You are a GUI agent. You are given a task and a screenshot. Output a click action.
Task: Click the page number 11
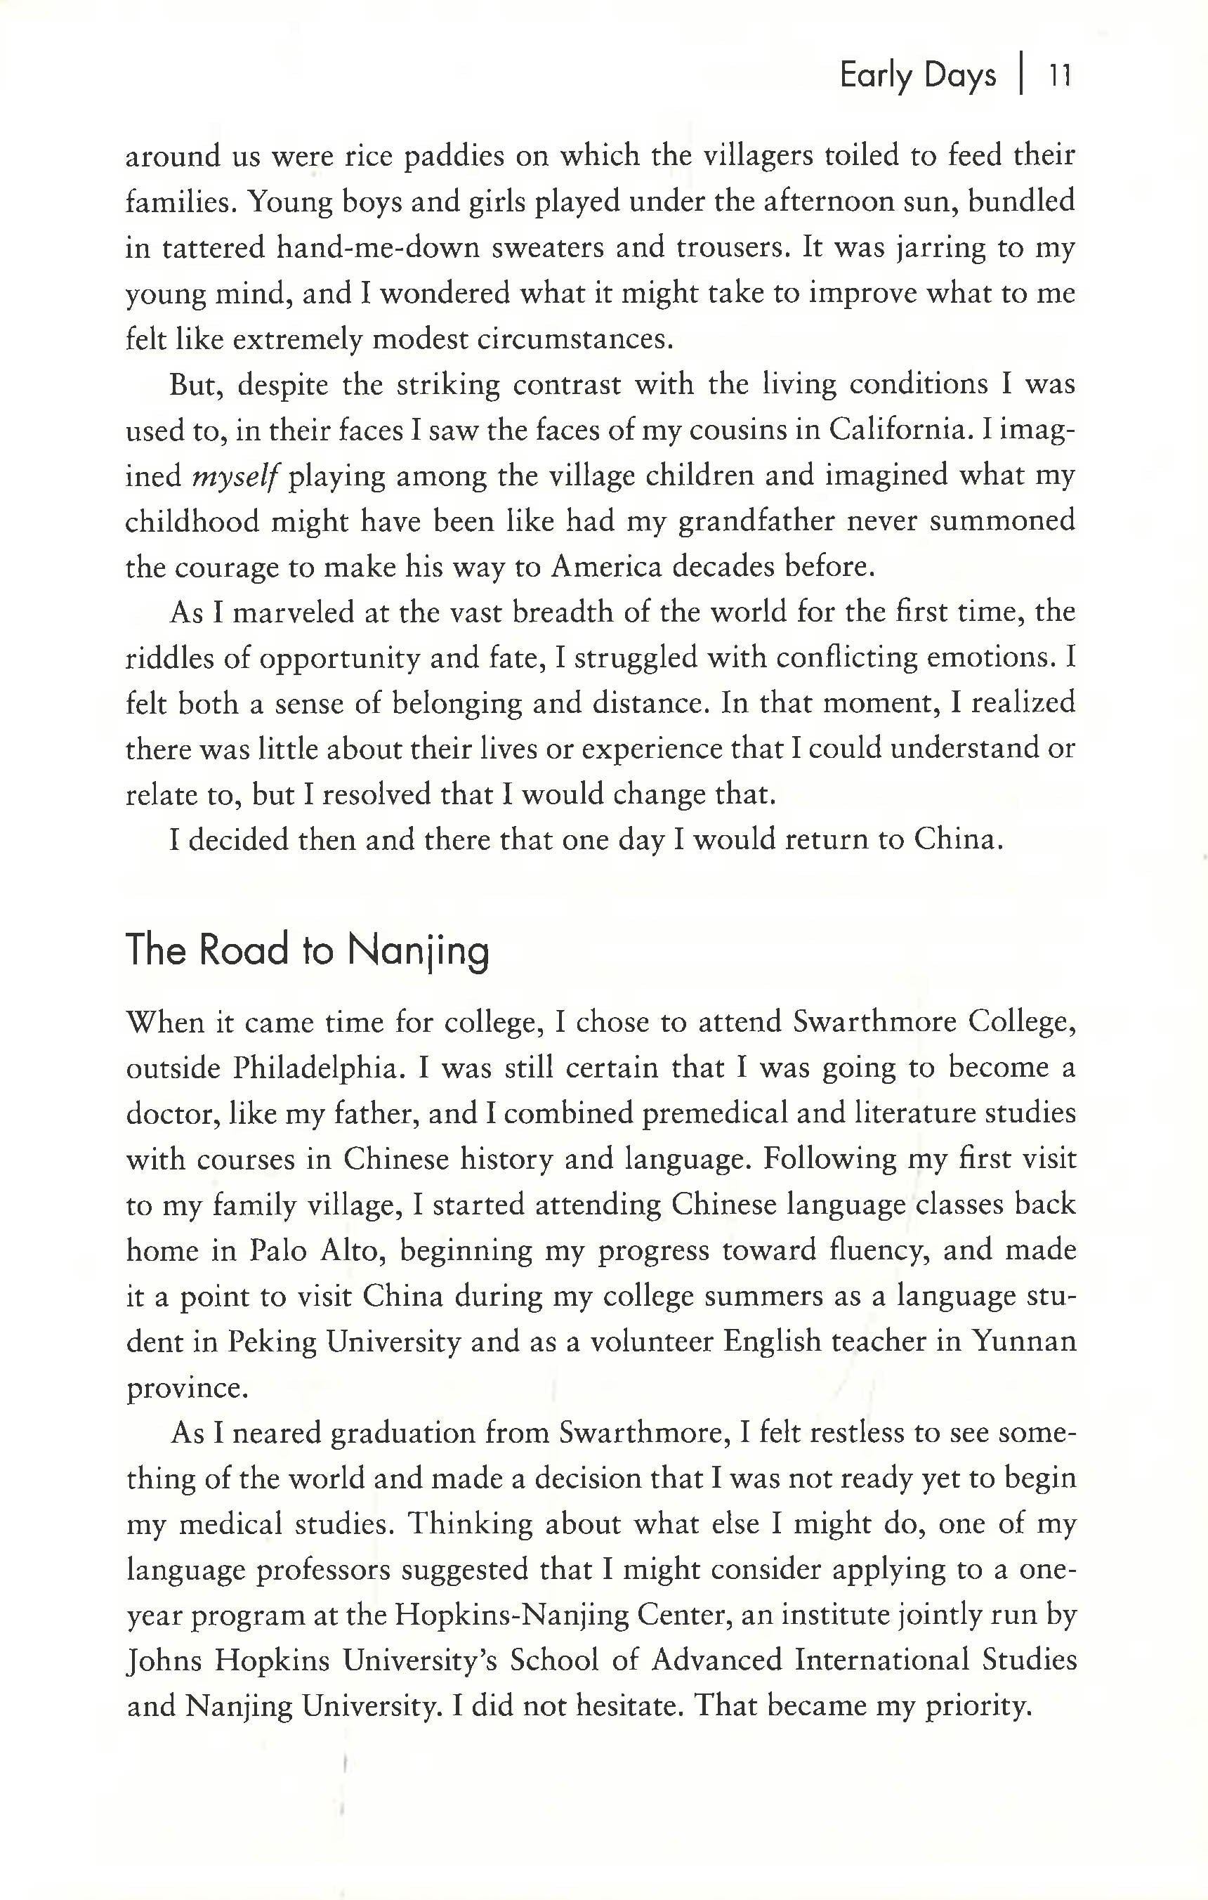[1058, 76]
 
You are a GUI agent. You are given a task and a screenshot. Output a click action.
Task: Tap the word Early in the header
[875, 76]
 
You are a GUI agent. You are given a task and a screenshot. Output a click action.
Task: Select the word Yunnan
[1023, 1342]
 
